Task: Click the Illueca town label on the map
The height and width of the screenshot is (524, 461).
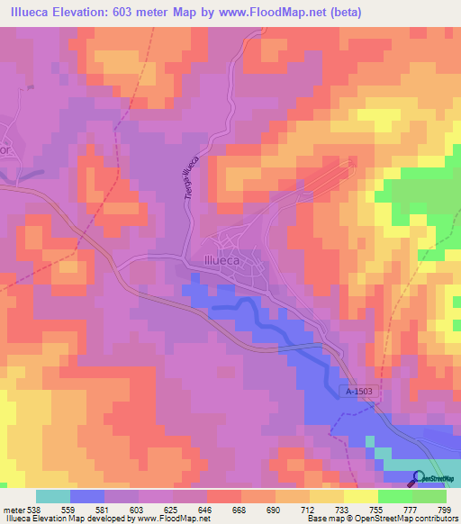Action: coord(214,264)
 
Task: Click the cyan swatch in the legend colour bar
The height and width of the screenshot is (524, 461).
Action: coord(53,496)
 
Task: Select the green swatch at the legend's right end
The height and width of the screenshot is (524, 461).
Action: coord(429,496)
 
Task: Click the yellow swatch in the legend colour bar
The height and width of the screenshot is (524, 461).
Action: coord(327,496)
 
